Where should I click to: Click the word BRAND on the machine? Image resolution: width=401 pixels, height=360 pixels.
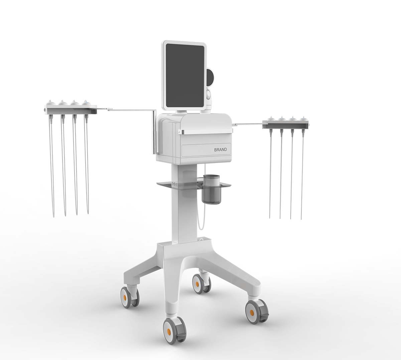(221, 150)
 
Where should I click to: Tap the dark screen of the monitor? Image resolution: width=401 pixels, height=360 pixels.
(185, 76)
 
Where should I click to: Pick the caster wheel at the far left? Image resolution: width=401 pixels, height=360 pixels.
(130, 298)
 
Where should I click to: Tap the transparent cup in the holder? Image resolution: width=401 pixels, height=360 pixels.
(211, 189)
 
